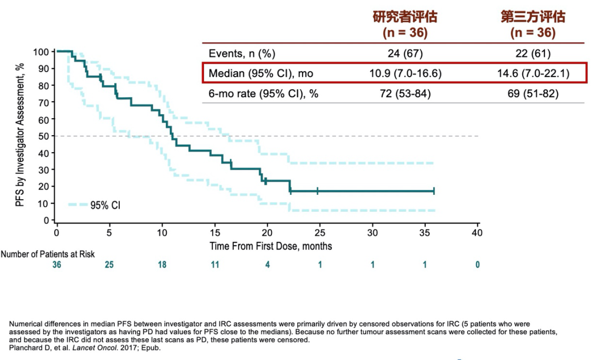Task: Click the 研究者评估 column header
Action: coord(405,16)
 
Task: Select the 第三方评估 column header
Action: coord(533,16)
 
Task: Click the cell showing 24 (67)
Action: coord(405,54)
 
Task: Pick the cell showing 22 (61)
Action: coord(533,54)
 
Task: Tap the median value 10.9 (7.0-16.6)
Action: coord(405,73)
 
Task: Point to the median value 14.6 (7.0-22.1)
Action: coord(533,73)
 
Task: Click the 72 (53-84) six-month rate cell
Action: coord(405,94)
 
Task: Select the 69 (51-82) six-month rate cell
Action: coord(533,94)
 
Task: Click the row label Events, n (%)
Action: coord(242,54)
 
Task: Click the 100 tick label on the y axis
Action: coord(41,52)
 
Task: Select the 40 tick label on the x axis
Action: coord(478,232)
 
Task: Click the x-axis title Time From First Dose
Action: coord(270,246)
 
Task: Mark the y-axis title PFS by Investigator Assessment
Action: coord(20,135)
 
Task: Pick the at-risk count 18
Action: coord(162,265)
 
